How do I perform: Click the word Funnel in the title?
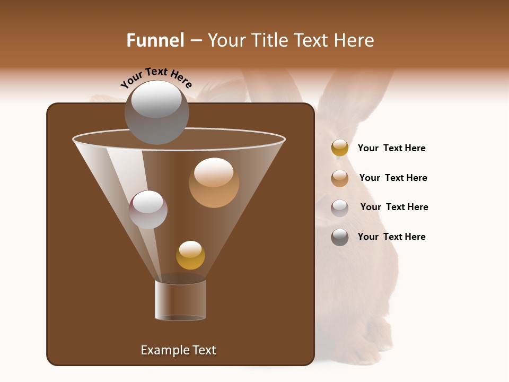(x=155, y=40)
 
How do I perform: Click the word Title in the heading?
(x=270, y=40)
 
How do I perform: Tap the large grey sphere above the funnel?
(x=156, y=112)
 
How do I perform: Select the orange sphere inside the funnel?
(x=214, y=183)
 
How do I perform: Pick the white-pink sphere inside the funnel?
(x=148, y=210)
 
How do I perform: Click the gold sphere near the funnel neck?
(x=190, y=255)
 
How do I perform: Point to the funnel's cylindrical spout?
(x=180, y=300)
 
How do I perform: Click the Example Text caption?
(x=179, y=350)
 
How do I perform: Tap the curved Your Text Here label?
(x=156, y=77)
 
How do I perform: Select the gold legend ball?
(x=340, y=148)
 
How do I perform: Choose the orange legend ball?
(x=340, y=178)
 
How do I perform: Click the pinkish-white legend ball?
(x=340, y=208)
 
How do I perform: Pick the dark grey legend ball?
(x=340, y=237)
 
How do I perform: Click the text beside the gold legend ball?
(x=391, y=148)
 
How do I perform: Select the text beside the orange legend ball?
(x=393, y=178)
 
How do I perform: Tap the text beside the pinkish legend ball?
(x=394, y=207)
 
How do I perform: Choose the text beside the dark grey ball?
(x=391, y=237)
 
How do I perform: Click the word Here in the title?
(x=356, y=40)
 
